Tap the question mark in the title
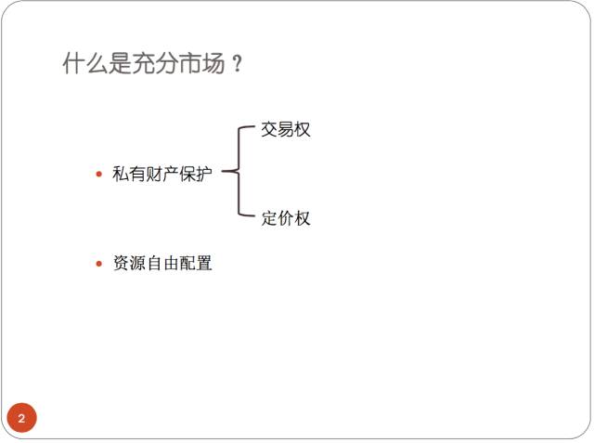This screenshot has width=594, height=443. pyautogui.click(x=238, y=65)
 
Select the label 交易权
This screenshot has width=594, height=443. pyautogui.click(x=285, y=130)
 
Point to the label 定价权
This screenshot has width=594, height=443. pyautogui.click(x=285, y=219)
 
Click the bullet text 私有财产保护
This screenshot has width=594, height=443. pyautogui.click(x=162, y=174)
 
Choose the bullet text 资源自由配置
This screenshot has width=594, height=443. pyautogui.click(x=162, y=264)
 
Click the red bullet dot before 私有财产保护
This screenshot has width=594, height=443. pyautogui.click(x=99, y=174)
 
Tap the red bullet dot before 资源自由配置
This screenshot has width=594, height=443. pyautogui.click(x=99, y=264)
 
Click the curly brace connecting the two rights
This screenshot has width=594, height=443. pyautogui.click(x=238, y=173)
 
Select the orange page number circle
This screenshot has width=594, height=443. pyautogui.click(x=21, y=418)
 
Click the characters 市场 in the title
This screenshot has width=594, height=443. pyautogui.click(x=202, y=64)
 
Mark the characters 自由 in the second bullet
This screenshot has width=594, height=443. pyautogui.click(x=162, y=264)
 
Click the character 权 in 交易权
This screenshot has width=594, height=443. pyautogui.click(x=302, y=130)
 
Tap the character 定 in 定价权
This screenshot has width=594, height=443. pyautogui.click(x=269, y=219)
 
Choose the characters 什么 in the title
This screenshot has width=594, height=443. pyautogui.click(x=85, y=64)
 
